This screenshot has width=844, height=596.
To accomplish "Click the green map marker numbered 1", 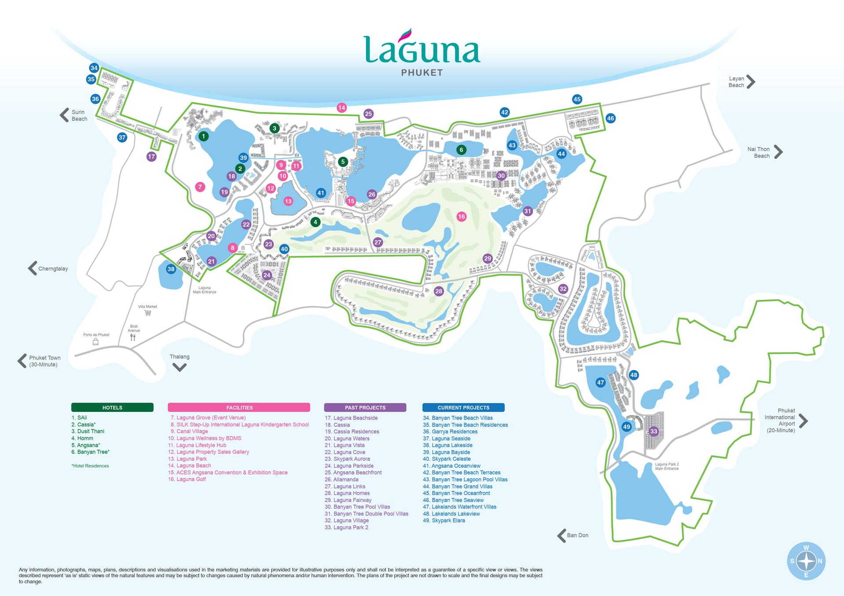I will (203, 136).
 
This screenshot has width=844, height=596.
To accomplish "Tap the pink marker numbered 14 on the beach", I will (342, 107).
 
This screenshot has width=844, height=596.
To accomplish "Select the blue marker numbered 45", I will (577, 99).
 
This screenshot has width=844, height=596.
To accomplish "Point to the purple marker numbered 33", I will (654, 431).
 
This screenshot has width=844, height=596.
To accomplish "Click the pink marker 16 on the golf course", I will (461, 216).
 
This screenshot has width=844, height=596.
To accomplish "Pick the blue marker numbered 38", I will (171, 269).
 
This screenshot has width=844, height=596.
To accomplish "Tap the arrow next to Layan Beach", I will (751, 82).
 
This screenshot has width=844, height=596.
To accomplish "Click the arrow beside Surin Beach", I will (64, 115).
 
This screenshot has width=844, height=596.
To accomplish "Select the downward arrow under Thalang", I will (179, 367).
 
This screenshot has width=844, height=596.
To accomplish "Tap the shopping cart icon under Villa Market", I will (148, 313).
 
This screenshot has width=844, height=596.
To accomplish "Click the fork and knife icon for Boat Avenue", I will (133, 338).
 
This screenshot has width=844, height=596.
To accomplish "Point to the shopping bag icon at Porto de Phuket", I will (96, 342).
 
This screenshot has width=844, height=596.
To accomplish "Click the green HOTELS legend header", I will (112, 407).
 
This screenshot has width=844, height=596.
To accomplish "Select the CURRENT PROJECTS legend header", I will (463, 407).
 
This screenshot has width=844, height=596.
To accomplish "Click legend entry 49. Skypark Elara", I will (444, 520).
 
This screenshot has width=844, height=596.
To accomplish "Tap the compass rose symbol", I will (806, 561).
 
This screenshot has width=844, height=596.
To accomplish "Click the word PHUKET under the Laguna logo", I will (422, 73).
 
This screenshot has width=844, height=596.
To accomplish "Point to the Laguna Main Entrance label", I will (204, 290).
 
